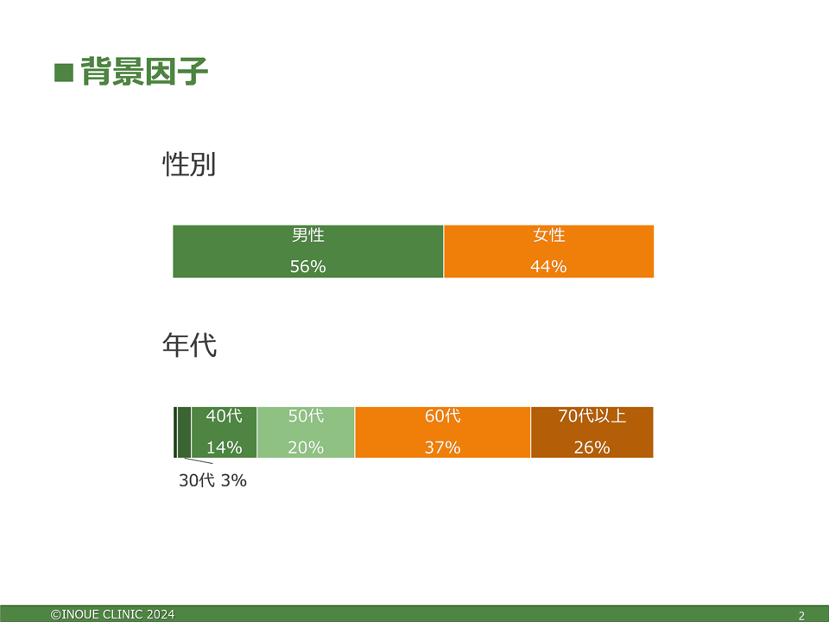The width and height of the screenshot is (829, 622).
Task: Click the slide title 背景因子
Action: [144, 72]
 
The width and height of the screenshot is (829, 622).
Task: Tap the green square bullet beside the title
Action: [63, 73]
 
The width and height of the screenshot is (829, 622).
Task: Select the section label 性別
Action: [189, 164]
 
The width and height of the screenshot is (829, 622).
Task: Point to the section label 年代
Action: [189, 346]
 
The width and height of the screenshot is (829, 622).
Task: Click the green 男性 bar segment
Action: [308, 251]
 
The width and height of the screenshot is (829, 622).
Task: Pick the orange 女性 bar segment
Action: [549, 251]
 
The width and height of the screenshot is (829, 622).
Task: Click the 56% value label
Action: [307, 266]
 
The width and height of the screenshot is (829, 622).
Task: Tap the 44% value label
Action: [549, 266]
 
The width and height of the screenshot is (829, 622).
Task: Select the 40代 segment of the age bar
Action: [225, 432]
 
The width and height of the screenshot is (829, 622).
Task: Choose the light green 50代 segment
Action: [306, 432]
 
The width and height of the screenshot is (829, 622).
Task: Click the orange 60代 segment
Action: [443, 432]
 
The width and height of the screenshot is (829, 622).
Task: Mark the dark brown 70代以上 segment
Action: [592, 432]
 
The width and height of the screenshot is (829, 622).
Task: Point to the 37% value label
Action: [442, 447]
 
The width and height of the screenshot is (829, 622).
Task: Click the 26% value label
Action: [592, 447]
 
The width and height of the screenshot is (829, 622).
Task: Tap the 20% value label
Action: [306, 447]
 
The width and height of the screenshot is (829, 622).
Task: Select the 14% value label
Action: [225, 447]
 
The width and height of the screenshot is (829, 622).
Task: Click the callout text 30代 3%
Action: [212, 480]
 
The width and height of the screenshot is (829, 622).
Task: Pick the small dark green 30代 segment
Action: [184, 432]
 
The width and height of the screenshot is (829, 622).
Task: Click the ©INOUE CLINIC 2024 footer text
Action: [112, 614]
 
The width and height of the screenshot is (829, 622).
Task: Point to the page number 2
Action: [801, 616]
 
